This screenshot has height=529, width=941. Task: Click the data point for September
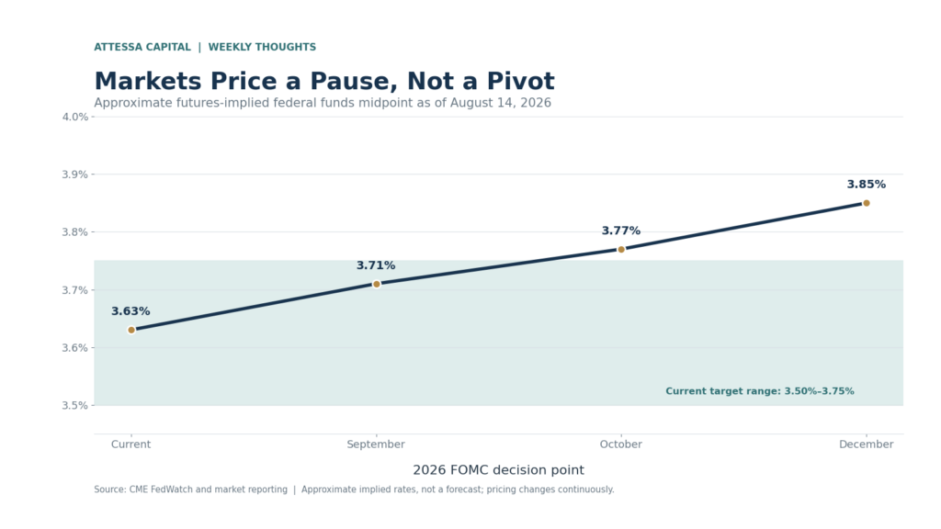point(376,284)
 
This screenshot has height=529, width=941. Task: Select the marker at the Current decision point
point(131,330)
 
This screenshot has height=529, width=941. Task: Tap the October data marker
point(621,250)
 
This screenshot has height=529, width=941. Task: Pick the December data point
point(866,203)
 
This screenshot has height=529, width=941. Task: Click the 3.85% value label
point(866,184)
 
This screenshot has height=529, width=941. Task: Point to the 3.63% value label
point(130,311)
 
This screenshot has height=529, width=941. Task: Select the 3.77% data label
point(621,231)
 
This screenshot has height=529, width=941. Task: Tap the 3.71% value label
point(376,265)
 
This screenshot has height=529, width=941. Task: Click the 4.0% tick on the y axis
point(75,117)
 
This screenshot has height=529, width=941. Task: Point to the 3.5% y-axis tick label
point(75,405)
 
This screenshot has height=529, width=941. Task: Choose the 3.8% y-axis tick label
point(75,232)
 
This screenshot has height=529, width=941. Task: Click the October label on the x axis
point(621,445)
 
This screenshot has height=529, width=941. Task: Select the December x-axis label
point(866,445)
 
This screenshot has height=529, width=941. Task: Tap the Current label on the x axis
point(130,445)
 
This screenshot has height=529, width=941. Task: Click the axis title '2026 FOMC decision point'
point(498,470)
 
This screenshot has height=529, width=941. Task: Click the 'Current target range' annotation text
point(760,391)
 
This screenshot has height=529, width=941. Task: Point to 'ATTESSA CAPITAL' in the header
point(142,47)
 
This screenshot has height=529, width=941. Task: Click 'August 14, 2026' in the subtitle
point(501,103)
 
